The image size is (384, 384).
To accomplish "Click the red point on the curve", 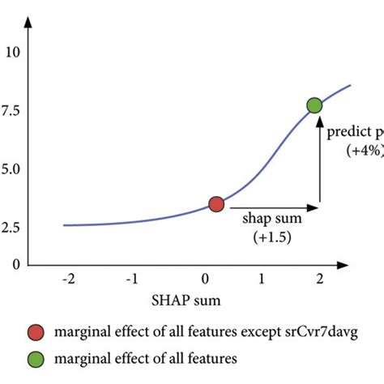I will pos(215,204).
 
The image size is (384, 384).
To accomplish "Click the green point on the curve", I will pos(314,105).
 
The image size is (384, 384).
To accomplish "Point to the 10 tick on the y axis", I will pos(11,53).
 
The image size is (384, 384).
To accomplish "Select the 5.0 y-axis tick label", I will pos(11,170).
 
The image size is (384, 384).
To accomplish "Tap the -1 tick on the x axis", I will pos(131,279).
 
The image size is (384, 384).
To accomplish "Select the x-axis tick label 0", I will pos(196,279).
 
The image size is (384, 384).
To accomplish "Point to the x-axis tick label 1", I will pos(261,279).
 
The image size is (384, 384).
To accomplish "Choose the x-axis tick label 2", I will pos(320,279).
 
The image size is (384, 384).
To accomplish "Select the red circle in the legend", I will pos(36,332).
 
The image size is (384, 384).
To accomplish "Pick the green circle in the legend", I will pos(36,356).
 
